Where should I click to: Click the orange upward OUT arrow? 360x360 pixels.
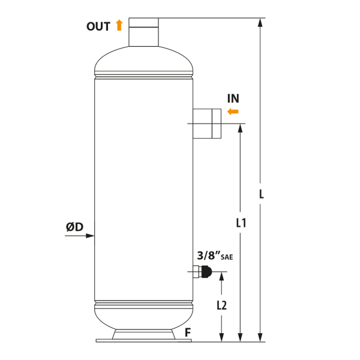click(x=120, y=25)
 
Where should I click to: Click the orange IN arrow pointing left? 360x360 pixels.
click(x=233, y=111)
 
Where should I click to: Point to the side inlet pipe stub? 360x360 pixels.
click(x=207, y=124)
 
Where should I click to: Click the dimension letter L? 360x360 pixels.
click(x=260, y=194)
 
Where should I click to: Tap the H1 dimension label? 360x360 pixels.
click(x=241, y=223)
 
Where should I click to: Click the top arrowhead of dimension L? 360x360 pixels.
click(x=260, y=22)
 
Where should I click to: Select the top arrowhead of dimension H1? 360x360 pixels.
click(x=241, y=128)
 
